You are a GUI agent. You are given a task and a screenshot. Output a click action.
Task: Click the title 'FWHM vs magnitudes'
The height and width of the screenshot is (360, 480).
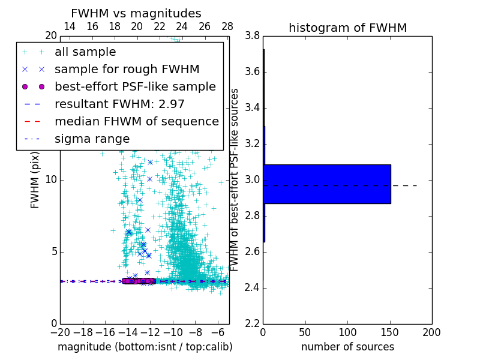[x=136, y=14]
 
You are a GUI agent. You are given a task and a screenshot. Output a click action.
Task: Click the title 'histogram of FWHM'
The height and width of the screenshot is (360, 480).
[x=347, y=28]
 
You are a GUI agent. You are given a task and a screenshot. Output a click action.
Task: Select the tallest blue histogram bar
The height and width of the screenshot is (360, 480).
[x=327, y=184]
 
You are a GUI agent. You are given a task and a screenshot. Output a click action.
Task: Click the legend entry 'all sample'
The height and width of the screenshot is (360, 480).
[x=85, y=52]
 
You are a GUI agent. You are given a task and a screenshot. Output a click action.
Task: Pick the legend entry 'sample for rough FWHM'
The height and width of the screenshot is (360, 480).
[x=127, y=69]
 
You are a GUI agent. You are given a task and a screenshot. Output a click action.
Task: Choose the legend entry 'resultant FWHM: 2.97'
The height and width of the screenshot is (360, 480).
[x=119, y=104]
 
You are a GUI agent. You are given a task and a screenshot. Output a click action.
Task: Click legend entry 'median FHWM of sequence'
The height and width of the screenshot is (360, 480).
[x=136, y=121]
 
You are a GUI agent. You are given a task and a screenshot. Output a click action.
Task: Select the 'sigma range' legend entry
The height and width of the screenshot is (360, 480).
[x=92, y=139]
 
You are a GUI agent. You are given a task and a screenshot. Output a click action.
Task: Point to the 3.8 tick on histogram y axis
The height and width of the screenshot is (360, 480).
[x=253, y=35]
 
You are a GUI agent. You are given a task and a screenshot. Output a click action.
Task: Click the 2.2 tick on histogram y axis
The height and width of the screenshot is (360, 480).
[x=253, y=323]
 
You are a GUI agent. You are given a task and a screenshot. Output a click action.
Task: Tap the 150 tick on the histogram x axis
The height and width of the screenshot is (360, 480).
[x=389, y=332]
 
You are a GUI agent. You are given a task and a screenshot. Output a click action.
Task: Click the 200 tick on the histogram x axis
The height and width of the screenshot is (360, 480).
[x=431, y=332]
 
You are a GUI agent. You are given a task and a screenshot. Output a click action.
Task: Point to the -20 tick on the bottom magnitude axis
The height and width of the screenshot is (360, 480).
[x=60, y=332]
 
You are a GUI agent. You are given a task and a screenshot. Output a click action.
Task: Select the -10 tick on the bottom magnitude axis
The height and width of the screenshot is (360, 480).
[x=173, y=332]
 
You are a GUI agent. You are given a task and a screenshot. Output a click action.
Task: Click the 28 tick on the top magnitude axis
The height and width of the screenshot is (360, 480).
[x=227, y=26]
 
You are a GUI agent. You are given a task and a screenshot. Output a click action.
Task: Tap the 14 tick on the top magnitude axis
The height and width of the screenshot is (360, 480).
[x=69, y=26]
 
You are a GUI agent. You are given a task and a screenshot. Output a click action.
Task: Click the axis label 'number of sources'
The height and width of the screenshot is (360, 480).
[x=347, y=347]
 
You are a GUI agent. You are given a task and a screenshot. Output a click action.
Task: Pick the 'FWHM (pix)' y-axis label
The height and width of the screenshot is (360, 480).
[x=35, y=180]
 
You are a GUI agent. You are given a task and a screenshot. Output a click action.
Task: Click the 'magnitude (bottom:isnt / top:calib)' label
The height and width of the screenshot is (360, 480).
[x=145, y=347]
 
